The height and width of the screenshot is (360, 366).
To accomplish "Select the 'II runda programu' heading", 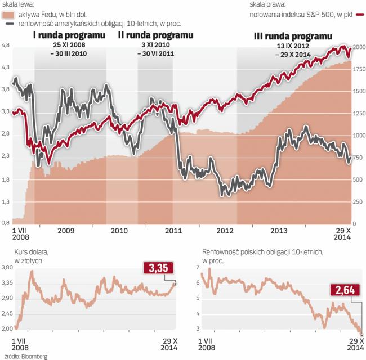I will (x=155, y=34).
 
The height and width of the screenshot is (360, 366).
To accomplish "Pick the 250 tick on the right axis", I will (x=357, y=201).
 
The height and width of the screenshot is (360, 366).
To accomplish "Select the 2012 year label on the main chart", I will (x=224, y=231).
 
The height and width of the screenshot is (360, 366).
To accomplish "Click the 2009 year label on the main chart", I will (x=66, y=231).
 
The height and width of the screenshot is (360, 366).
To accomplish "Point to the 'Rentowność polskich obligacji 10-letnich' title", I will (x=261, y=253).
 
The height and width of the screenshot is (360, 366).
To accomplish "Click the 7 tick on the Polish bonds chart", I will (x=198, y=267).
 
